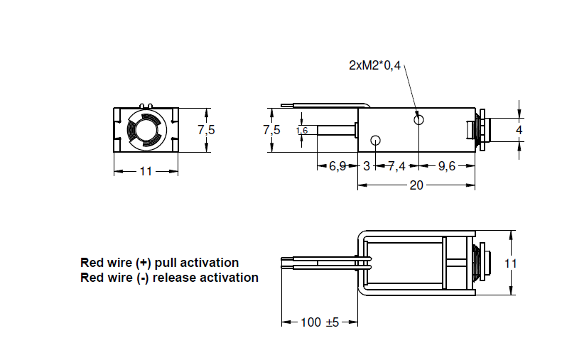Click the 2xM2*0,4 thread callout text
[x=374, y=65]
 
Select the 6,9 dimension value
[x=337, y=166]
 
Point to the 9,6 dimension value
[x=446, y=166]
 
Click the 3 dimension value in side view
[x=367, y=166]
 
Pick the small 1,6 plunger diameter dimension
[x=301, y=130]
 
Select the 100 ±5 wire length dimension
[x=320, y=322]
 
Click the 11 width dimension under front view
[x=145, y=171]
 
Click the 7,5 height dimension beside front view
[x=206, y=129]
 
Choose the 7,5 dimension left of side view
[x=271, y=129]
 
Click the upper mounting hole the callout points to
[x=419, y=119]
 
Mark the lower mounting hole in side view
[x=376, y=140]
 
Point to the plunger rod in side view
[x=334, y=130]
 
